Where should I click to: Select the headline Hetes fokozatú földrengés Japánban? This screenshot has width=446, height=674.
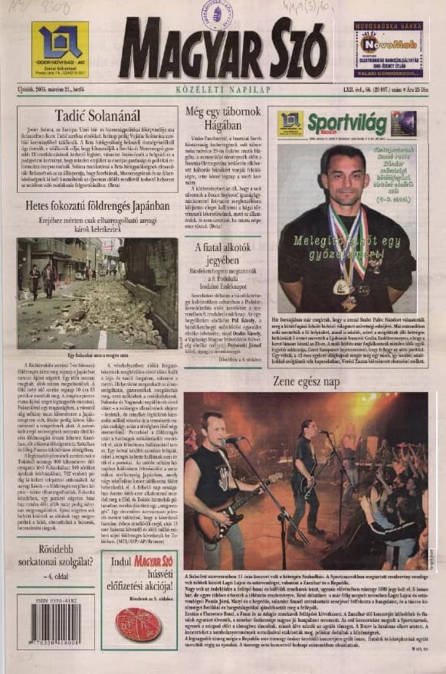tap(97, 206)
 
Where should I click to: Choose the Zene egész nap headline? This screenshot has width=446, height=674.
tap(306, 381)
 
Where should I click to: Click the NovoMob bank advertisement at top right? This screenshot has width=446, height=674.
tap(388, 50)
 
